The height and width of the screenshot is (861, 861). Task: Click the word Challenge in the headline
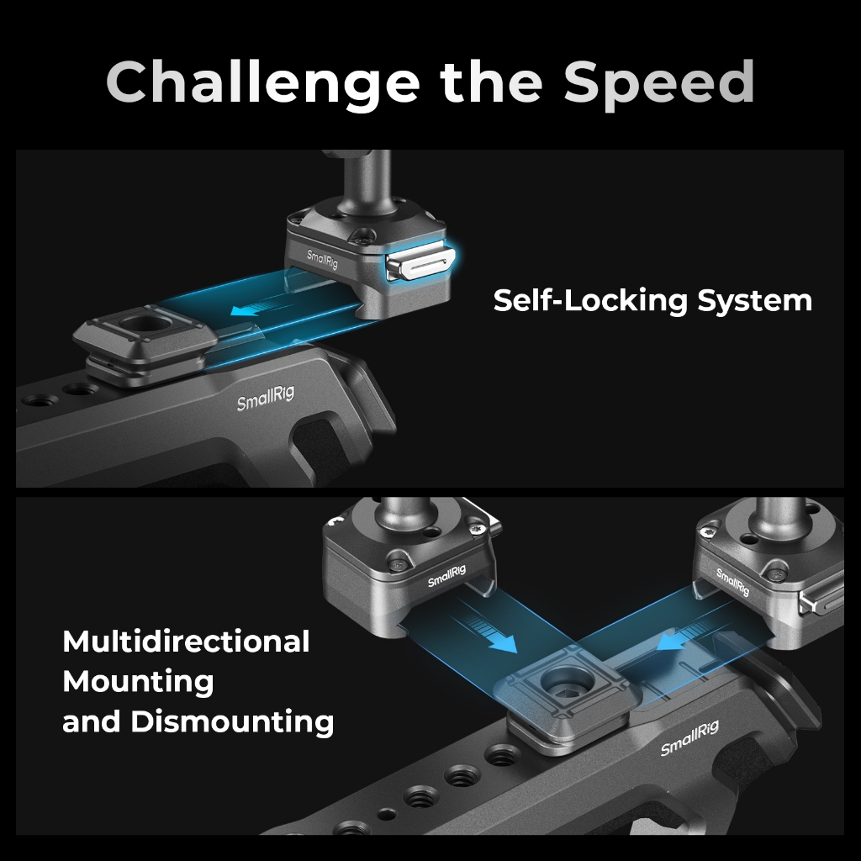(x=263, y=83)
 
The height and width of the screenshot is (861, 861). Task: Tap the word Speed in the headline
(x=659, y=83)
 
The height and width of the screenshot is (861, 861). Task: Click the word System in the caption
(x=755, y=301)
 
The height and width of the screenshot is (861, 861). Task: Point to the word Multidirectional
(x=186, y=642)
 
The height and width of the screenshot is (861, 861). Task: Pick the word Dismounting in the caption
(x=232, y=721)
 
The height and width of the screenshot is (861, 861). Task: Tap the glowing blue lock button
(x=420, y=263)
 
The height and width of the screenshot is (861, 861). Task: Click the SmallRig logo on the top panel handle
(x=265, y=398)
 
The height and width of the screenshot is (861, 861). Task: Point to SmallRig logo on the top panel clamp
(x=322, y=259)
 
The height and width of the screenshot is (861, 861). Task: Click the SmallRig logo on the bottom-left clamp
(x=446, y=576)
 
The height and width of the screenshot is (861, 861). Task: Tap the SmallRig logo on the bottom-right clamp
(x=732, y=582)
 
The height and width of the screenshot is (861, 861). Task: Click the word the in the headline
(x=491, y=82)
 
